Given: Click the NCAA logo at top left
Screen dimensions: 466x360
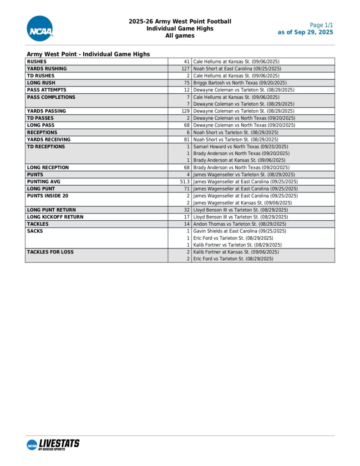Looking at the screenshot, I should coord(40,28).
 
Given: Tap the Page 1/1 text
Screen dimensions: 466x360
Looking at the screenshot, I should coord(321,25).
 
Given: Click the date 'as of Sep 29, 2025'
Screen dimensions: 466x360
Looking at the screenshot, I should coord(305,32).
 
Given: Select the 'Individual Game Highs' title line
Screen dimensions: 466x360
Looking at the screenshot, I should coord(180,28).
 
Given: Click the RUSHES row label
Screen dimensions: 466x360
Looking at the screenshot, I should coord(37,61).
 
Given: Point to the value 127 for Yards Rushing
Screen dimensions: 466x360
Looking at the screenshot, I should coord(185,69).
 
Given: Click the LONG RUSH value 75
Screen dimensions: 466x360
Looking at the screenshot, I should coord(187,83).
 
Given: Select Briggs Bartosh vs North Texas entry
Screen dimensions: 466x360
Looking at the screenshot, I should coord(240,83).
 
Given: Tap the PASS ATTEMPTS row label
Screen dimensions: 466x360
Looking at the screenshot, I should coord(46,90).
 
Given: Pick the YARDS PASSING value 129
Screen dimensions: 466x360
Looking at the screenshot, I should coord(185,111).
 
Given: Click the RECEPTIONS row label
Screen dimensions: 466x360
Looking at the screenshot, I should coord(42,132).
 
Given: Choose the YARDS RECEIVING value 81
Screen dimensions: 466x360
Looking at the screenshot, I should coord(187,140).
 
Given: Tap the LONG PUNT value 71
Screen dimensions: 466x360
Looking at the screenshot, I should coord(187,188).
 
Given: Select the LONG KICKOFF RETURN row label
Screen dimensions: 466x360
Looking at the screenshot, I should coord(55,217).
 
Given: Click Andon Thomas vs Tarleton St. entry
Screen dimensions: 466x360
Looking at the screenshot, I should coord(239,224).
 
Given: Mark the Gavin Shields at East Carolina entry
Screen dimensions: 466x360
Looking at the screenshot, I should coord(239,231).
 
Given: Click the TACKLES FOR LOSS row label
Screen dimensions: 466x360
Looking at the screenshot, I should coord(50,252).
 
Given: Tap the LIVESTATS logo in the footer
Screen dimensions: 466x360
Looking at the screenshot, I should coord(53,445).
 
